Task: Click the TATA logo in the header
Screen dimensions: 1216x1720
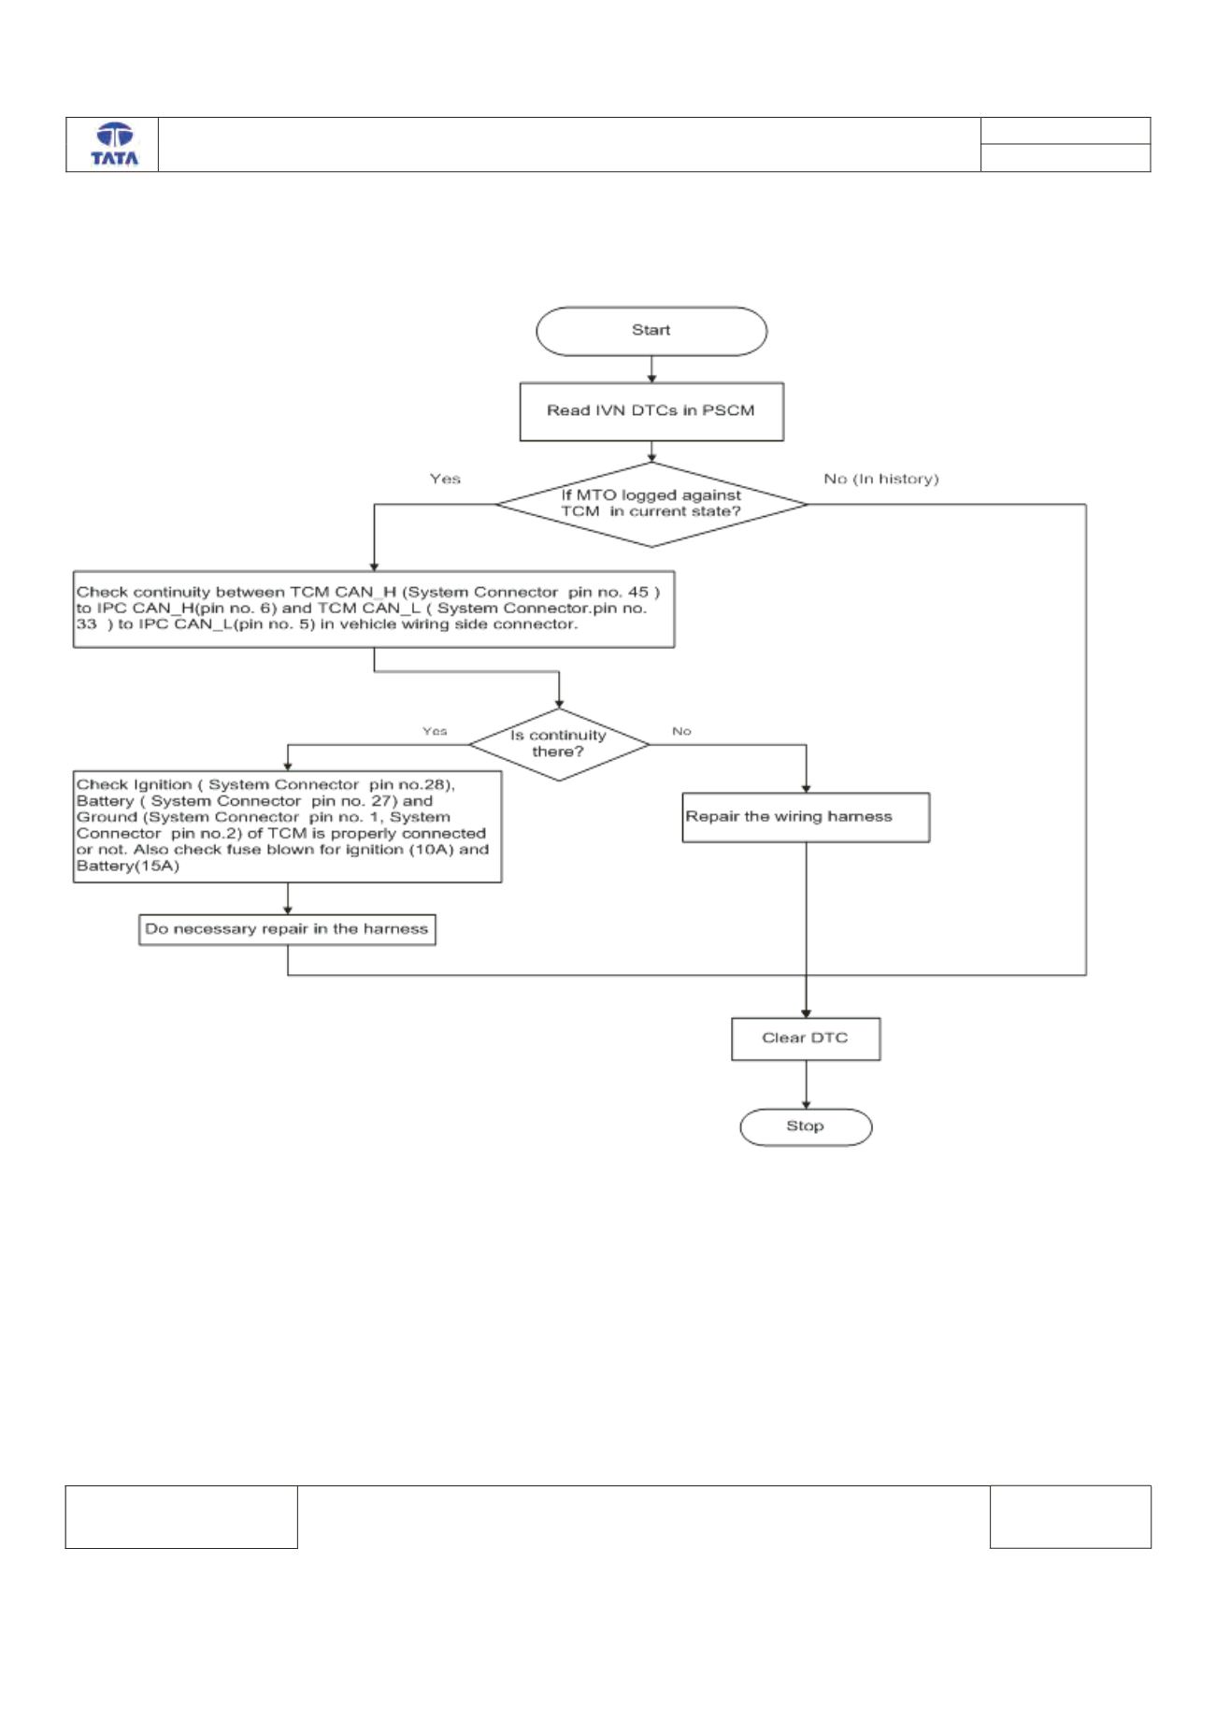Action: coord(114,145)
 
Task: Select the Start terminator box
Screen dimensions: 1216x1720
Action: coord(651,331)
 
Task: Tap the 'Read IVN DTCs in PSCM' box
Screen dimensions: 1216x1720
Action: coord(651,410)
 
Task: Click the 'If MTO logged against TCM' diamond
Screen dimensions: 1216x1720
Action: coord(651,505)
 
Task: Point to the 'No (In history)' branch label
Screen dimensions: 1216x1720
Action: coord(880,479)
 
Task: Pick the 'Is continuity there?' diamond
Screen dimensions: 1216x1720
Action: coord(558,744)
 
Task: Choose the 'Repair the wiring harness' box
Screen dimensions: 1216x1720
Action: coord(806,817)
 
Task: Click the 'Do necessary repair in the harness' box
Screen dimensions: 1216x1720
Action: coord(287,929)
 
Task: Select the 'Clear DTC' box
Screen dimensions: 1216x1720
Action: coord(806,1038)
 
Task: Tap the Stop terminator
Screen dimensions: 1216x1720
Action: coord(806,1126)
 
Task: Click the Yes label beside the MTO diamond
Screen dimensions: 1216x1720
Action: coord(445,479)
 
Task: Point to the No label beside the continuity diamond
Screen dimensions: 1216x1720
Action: coord(681,731)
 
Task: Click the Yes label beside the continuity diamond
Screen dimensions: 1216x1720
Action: coord(435,731)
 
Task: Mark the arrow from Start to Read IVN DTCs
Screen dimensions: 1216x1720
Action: coord(651,368)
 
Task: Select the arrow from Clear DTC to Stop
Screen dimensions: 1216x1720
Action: coord(806,1084)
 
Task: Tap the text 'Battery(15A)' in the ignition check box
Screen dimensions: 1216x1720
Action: coord(128,867)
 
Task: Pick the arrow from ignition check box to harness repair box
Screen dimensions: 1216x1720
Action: coord(287,898)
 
